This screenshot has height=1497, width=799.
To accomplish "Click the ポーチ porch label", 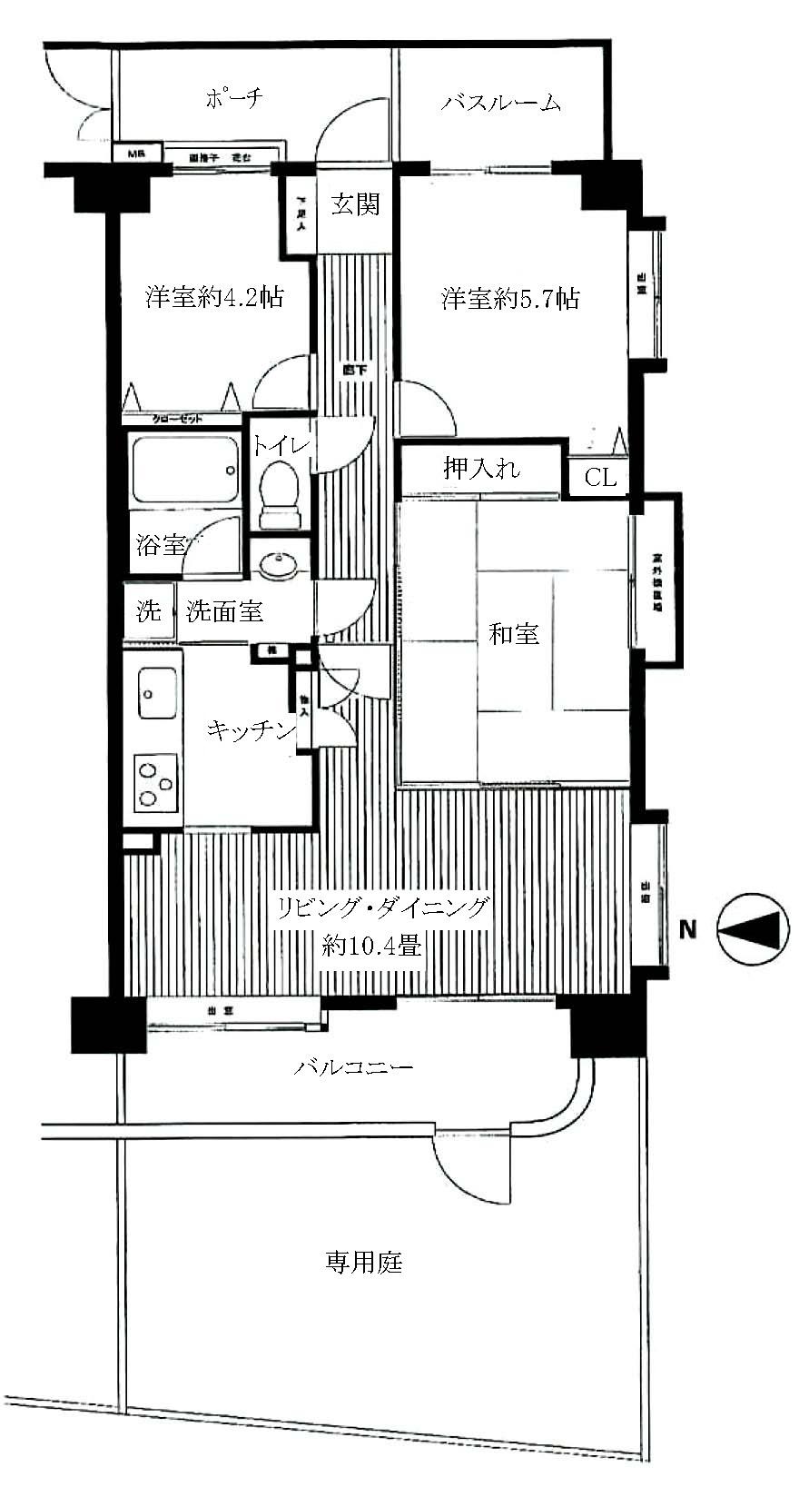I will pos(233,98).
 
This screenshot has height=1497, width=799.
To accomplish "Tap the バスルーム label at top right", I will pos(501,102).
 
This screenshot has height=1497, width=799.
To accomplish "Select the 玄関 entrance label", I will pos(353,204).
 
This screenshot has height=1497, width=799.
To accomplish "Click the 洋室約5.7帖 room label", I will pos(511,298).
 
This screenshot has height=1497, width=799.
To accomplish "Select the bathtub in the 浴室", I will pos(185,470).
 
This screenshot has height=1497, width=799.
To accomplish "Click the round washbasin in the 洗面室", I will pos(278,566).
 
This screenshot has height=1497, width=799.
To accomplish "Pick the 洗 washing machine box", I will pos(149,611).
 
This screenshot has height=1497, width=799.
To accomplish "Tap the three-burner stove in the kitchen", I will pos(154,783).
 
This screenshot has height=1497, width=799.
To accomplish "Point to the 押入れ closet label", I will pos(481,469).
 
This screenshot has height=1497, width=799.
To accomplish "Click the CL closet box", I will pos(599,477).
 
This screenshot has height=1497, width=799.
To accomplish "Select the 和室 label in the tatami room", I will pos(514,633).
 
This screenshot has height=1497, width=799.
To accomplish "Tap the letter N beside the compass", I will pos(688,929).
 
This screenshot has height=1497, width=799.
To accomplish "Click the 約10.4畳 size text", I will pos(371,947).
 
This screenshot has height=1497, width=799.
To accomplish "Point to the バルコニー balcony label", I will pos(353,1066).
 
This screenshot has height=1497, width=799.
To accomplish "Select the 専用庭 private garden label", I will pos(363,1262).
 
